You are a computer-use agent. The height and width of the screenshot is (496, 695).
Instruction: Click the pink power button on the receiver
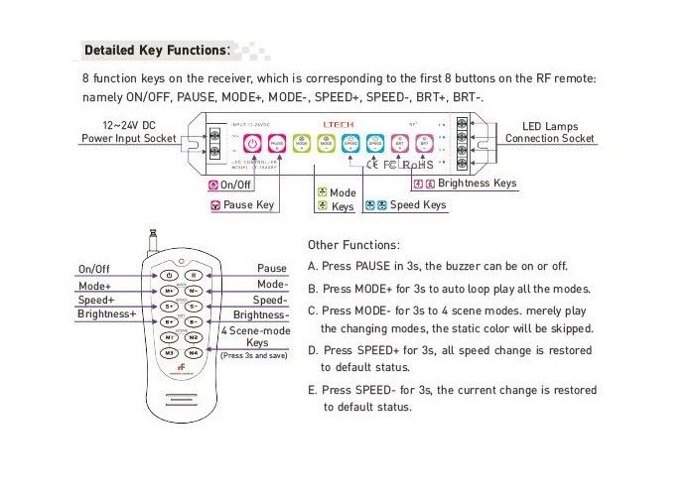click(252, 143)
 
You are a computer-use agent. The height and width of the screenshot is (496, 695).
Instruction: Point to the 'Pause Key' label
click(248, 205)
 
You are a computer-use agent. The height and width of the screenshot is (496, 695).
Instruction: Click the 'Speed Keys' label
click(417, 205)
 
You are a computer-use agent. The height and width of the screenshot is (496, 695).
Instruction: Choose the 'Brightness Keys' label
click(477, 184)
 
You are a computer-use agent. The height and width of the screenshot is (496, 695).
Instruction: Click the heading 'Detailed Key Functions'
click(156, 49)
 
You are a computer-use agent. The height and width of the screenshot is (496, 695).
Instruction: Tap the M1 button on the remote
click(170, 337)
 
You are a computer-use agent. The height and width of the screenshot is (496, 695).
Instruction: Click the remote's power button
click(170, 275)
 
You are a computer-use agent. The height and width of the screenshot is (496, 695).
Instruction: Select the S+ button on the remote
click(170, 306)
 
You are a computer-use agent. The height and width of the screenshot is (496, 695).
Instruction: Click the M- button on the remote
click(195, 291)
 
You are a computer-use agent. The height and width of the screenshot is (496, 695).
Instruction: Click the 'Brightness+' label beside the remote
click(106, 314)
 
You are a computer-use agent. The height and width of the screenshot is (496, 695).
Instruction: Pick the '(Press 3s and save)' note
click(254, 354)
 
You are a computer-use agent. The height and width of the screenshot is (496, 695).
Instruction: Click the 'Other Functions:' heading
click(354, 244)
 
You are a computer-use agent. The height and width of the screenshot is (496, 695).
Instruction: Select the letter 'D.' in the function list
click(314, 350)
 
